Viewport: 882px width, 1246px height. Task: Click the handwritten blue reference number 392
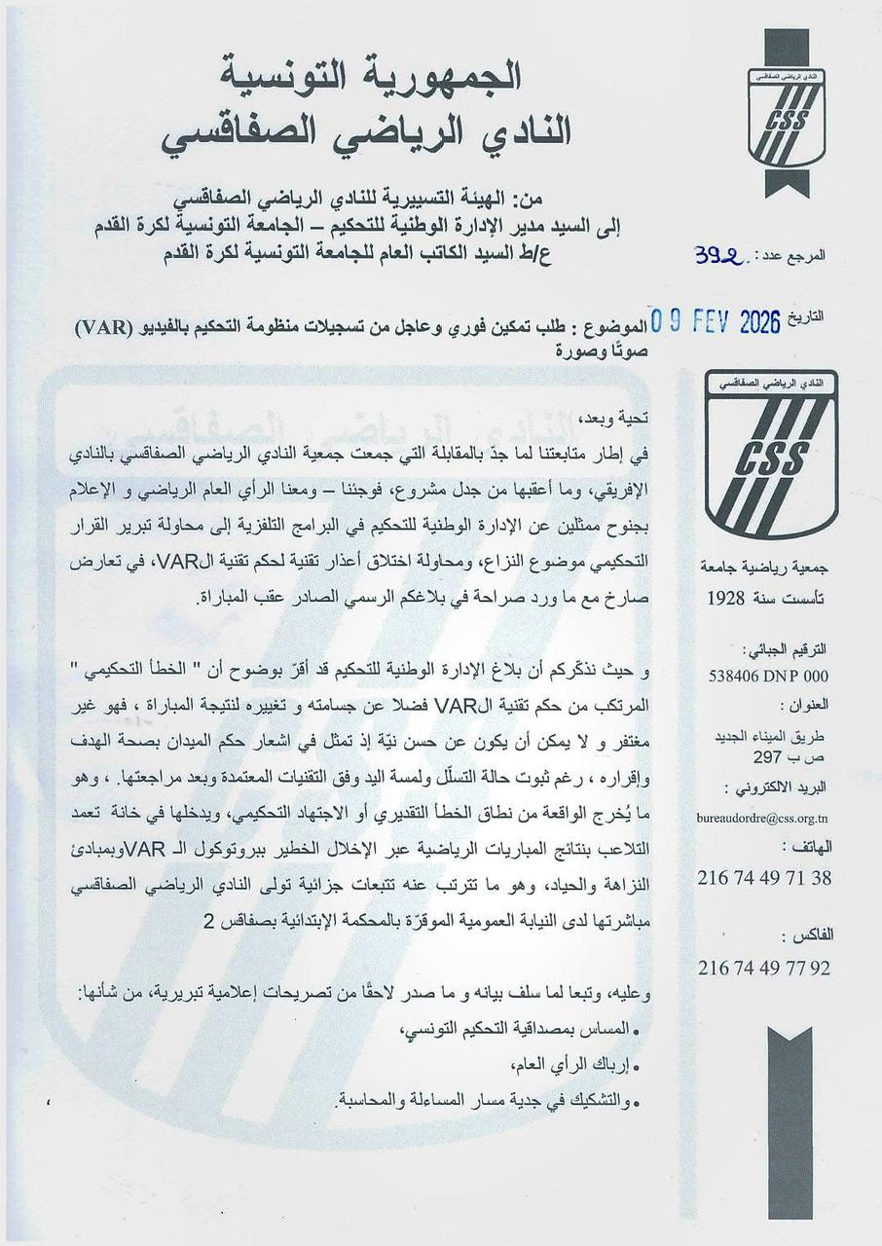coord(718,255)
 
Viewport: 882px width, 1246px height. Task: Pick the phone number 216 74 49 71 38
coord(764,877)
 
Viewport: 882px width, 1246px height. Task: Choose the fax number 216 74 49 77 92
coord(764,969)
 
